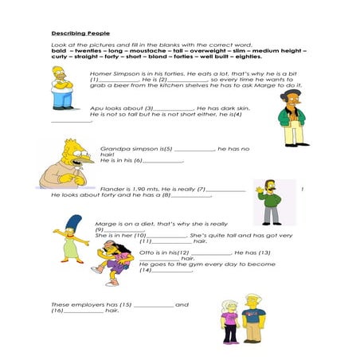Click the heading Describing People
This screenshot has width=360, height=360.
coord(80,33)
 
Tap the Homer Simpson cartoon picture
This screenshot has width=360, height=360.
coord(63,88)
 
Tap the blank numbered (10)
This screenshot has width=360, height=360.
coord(166,236)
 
